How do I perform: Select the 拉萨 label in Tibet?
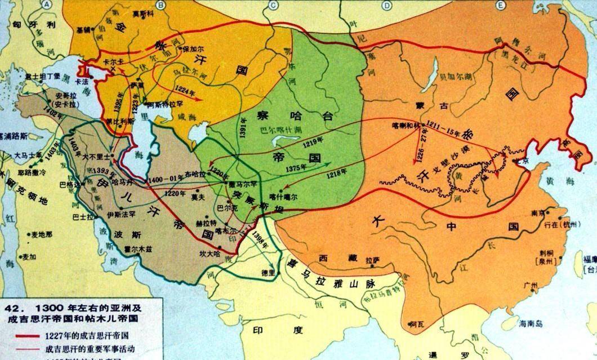[x=369, y=261]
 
